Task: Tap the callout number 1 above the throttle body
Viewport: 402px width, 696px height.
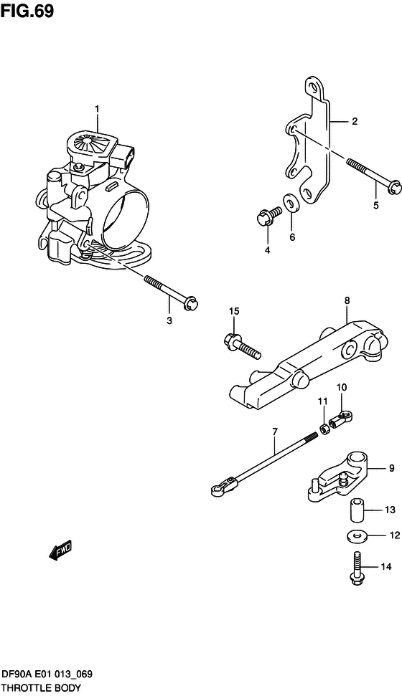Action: pyautogui.click(x=98, y=108)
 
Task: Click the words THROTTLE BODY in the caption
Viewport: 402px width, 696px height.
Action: pyautogui.click(x=41, y=687)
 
